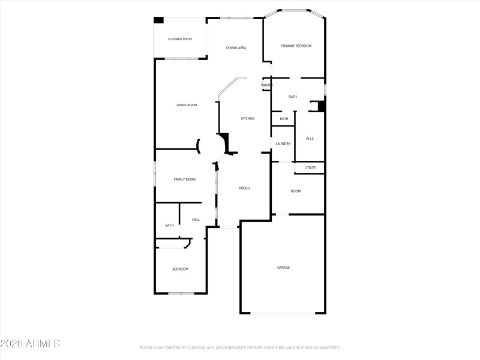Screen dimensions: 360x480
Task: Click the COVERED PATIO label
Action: (x=180, y=39)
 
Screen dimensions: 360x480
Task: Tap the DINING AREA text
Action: (x=236, y=48)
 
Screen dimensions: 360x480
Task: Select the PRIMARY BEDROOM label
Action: (x=296, y=46)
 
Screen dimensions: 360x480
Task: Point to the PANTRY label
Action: (x=267, y=85)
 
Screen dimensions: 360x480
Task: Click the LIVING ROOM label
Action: (x=187, y=105)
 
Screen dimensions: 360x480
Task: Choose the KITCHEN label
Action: (x=248, y=118)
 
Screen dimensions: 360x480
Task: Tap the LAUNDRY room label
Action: (x=283, y=144)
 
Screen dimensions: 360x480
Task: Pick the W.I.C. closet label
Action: (x=310, y=139)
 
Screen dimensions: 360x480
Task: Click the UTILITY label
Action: (x=310, y=167)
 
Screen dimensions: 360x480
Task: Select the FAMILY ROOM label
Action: (x=185, y=179)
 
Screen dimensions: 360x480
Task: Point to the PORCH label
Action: (x=244, y=188)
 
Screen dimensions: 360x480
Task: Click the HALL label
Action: (x=196, y=220)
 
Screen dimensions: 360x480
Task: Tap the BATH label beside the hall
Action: (x=169, y=226)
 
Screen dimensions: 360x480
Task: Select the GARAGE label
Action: (x=283, y=267)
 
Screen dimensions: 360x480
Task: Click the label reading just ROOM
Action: (x=296, y=191)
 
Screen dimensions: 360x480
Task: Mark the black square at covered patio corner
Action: (x=159, y=20)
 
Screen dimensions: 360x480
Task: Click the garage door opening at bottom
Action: (x=283, y=313)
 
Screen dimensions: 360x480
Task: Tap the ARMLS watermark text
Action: (x=30, y=344)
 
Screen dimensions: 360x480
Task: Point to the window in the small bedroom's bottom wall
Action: (x=181, y=293)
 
